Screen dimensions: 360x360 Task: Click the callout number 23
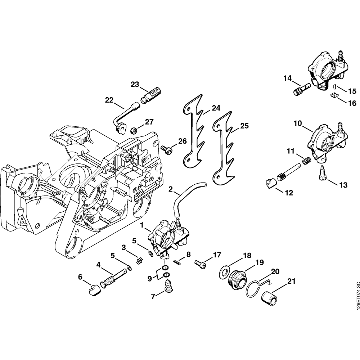[135, 84]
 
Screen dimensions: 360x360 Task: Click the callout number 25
[244, 126]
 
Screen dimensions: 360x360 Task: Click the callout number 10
[298, 123]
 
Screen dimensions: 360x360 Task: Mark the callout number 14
[287, 78]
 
